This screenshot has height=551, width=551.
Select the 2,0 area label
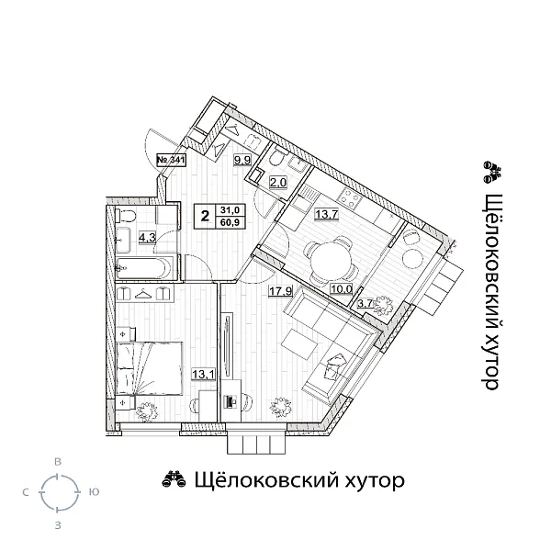277,182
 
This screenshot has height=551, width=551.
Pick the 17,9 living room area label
280,294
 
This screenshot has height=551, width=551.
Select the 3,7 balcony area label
365,304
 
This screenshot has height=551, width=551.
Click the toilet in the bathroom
127,217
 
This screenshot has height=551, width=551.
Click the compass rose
58,493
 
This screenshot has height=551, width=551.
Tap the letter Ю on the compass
93,493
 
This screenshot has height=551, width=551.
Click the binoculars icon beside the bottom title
172,479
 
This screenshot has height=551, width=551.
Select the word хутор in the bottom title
365,480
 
